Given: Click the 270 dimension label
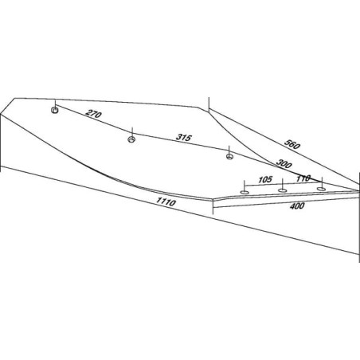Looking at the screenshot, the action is (93, 114).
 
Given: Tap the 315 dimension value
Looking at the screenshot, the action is (184, 137).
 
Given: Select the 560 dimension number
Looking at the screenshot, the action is (292, 144).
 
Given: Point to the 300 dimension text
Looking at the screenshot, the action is (284, 164).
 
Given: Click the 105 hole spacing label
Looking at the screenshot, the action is (265, 180).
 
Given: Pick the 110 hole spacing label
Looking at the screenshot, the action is (303, 178).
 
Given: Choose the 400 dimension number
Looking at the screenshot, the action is (297, 205).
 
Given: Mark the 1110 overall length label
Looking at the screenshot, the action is (166, 202).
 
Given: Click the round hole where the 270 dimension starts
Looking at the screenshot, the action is (55, 110).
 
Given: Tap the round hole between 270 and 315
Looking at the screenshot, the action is (131, 139).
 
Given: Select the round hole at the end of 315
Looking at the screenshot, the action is (229, 156).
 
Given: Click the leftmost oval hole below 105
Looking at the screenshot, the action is (245, 192).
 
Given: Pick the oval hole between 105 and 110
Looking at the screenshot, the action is (282, 190).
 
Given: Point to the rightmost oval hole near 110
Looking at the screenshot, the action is (321, 189).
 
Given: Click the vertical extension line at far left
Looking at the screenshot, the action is (1, 142).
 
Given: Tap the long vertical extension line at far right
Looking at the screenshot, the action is (359, 217).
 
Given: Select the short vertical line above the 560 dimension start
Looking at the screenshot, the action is (209, 104).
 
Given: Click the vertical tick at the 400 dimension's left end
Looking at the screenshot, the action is (213, 206).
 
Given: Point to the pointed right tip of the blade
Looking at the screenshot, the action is (358, 190).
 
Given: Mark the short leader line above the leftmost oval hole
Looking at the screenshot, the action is (244, 185).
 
